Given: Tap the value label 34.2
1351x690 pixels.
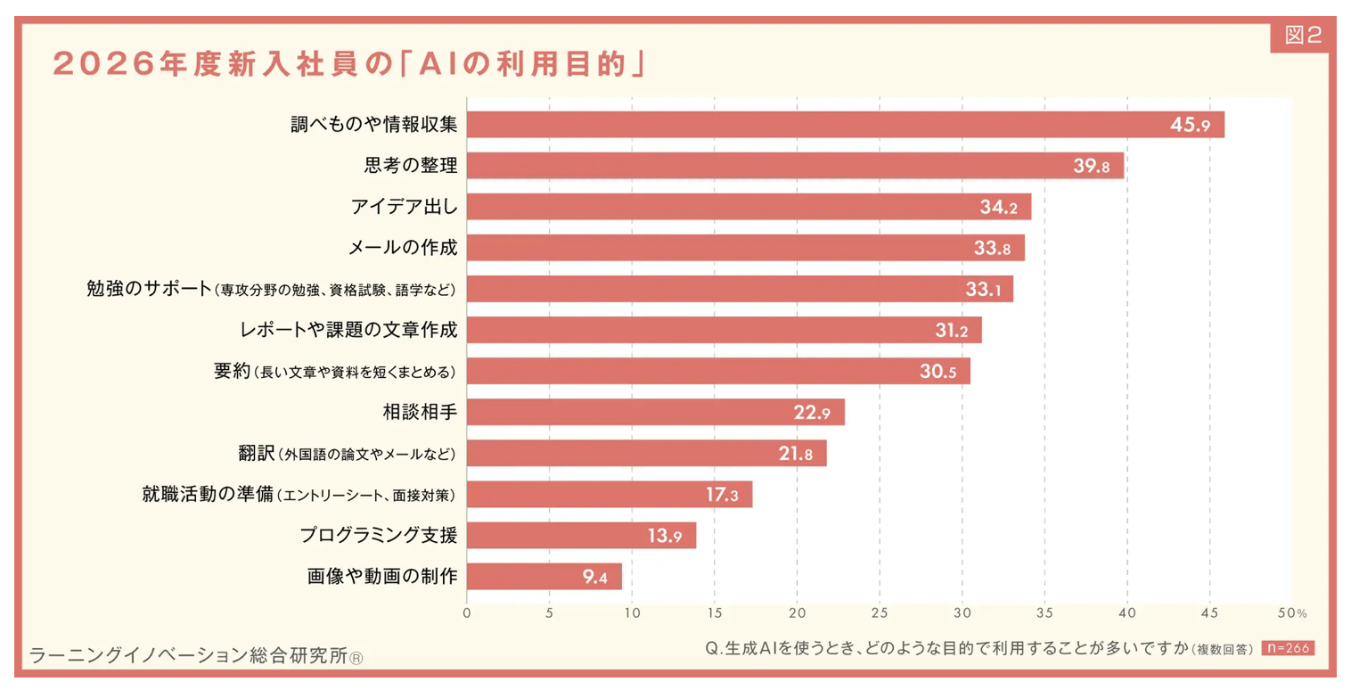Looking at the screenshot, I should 998,207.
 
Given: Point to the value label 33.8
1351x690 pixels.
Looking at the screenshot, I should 992,248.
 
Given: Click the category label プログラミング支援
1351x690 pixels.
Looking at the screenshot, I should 378,535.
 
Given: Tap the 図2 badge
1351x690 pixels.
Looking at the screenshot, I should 1303,36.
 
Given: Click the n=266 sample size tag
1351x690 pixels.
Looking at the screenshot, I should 1287,648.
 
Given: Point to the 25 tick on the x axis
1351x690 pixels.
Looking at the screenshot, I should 880,613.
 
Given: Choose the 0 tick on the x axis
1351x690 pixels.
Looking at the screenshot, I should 467,613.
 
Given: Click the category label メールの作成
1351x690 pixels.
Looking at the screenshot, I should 403,248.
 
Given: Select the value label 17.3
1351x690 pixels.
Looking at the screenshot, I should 722,495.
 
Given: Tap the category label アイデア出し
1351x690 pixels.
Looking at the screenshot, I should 404,207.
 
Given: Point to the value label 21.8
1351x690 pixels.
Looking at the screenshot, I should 795,454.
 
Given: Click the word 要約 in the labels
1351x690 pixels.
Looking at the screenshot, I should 233,371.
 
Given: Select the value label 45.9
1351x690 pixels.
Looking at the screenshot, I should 1190,125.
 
